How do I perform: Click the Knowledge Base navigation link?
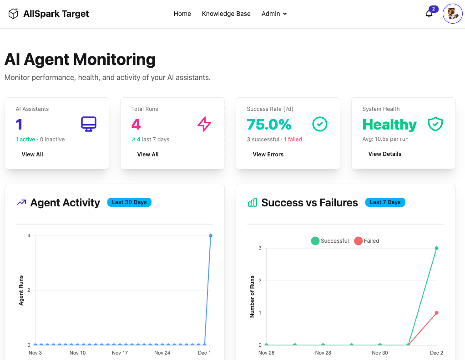[x=226, y=14]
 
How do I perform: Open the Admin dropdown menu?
[x=274, y=14]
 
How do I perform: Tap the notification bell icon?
[x=429, y=14]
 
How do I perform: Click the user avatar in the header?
[x=452, y=14]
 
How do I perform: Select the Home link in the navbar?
[x=182, y=14]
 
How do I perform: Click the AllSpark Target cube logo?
[x=14, y=14]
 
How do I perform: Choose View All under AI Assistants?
[x=32, y=155]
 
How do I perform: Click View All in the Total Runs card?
[x=148, y=155]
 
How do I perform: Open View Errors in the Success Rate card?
[x=268, y=155]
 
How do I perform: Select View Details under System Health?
[x=385, y=154]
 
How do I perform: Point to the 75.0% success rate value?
[x=269, y=125]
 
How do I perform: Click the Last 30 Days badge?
[x=129, y=202]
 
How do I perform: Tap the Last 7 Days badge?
[x=385, y=202]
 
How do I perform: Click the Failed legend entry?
[x=366, y=241]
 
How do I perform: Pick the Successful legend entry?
[x=330, y=241]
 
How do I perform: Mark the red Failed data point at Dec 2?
[x=436, y=313]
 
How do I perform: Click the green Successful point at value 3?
[x=436, y=248]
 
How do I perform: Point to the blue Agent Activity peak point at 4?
[x=211, y=235]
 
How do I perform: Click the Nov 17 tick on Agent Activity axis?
[x=120, y=353]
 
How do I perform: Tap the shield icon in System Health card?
[x=435, y=124]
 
